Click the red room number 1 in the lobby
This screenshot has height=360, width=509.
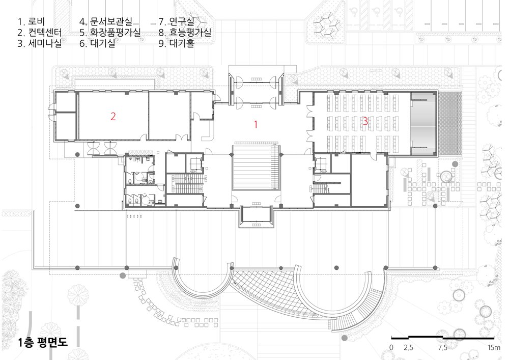tap(256, 124)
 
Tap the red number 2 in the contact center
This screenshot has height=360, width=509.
tap(113, 116)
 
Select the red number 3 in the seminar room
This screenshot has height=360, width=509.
tap(365, 121)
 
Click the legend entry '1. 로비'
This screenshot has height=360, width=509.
tap(31, 22)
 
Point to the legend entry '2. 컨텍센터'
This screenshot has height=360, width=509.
tap(40, 33)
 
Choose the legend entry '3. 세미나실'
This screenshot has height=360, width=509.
tap(40, 43)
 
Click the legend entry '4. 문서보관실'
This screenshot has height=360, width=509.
tap(106, 22)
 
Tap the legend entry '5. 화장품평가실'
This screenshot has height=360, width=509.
tap(110, 33)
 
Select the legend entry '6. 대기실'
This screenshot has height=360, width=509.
tap(97, 43)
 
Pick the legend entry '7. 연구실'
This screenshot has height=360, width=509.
tap(177, 22)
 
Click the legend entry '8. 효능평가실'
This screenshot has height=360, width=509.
tap(185, 33)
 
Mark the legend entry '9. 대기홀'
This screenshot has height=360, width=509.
tap(177, 43)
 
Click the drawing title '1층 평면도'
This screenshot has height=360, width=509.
tap(43, 343)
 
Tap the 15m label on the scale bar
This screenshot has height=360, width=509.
tap(494, 348)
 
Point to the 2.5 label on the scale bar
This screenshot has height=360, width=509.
tap(409, 348)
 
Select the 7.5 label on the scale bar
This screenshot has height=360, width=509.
tap(442, 348)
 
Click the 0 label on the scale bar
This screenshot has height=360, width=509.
tap(391, 348)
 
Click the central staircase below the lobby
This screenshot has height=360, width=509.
tap(256, 167)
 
